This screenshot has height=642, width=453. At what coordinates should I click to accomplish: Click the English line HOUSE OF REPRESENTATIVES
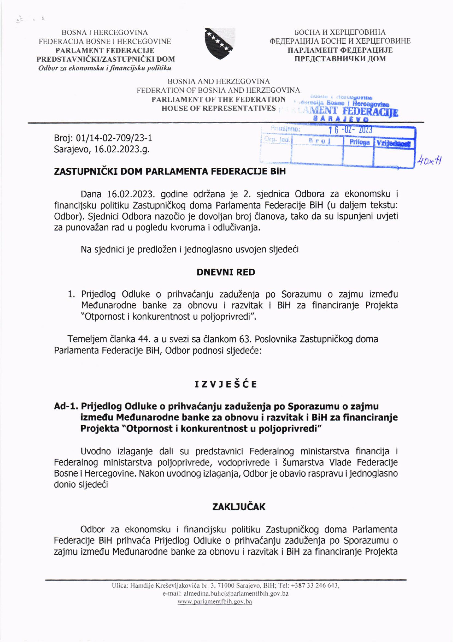tap(219, 108)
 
